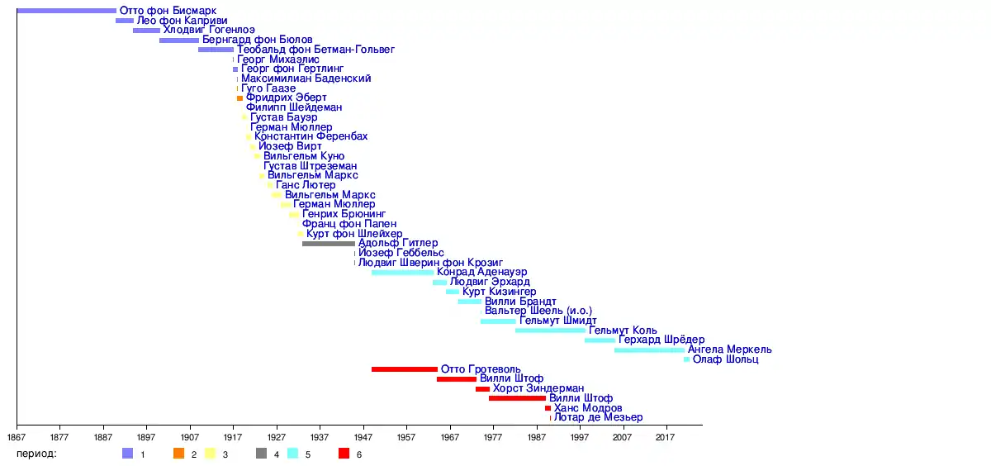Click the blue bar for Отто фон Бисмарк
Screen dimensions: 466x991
pos(66,11)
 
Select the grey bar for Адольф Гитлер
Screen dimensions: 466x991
pos(329,244)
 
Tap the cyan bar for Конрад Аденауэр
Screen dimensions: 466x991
pos(402,273)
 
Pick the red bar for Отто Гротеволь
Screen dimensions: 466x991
pos(404,369)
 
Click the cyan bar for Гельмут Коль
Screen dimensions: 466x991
pos(550,330)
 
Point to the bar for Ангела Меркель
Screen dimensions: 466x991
pos(649,350)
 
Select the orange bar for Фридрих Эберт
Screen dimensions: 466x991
pos(240,98)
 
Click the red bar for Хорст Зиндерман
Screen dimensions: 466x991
pos(482,389)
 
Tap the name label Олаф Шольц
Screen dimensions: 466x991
pos(725,359)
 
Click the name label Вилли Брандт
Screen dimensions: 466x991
pos(520,302)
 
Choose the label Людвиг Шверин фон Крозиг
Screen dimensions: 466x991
pos(430,263)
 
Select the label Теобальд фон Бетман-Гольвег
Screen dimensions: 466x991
pos(315,50)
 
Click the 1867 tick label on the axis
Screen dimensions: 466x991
pos(17,436)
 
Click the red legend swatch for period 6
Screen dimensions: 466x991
pos(344,454)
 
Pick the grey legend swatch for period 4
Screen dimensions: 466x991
pos(262,454)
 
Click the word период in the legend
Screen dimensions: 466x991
pos(38,454)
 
